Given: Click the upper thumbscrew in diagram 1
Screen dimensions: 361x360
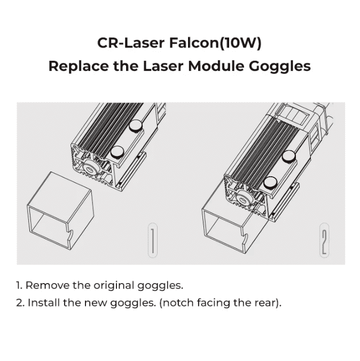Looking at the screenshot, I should pyautogui.click(x=136, y=125).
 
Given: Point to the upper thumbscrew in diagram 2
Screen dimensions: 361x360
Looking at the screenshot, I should pyautogui.click(x=289, y=156).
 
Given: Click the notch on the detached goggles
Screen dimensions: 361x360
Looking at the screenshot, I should pyautogui.click(x=71, y=234).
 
